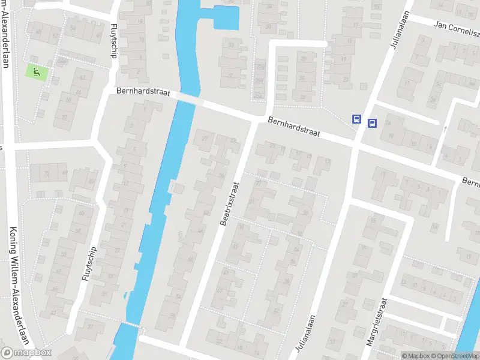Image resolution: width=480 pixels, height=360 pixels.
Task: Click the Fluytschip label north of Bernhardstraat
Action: [x=114, y=41]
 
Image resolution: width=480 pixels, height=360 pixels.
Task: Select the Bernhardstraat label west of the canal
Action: [x=143, y=93]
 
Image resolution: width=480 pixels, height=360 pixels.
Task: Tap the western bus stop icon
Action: [x=357, y=119]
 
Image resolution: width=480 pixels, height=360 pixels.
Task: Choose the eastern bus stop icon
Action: [x=372, y=124]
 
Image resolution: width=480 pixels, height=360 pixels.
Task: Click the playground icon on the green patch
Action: [x=37, y=72]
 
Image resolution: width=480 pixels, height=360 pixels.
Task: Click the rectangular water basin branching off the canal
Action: [x=226, y=18]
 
